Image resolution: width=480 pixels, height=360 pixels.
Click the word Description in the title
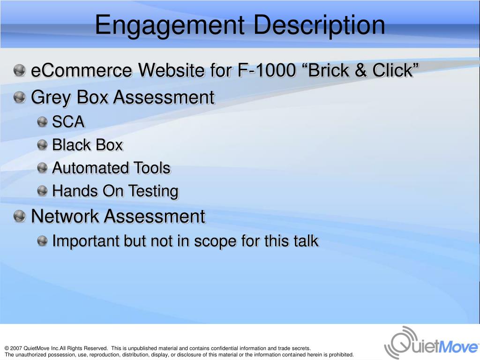[315, 26]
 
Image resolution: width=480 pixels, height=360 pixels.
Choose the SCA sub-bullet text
[68, 122]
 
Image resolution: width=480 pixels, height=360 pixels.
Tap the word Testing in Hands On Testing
[155, 191]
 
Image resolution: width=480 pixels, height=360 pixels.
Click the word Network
[65, 217]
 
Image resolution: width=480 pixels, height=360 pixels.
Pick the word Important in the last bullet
[86, 241]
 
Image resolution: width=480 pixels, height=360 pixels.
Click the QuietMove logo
[431, 343]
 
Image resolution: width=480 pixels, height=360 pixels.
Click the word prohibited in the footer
[340, 355]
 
